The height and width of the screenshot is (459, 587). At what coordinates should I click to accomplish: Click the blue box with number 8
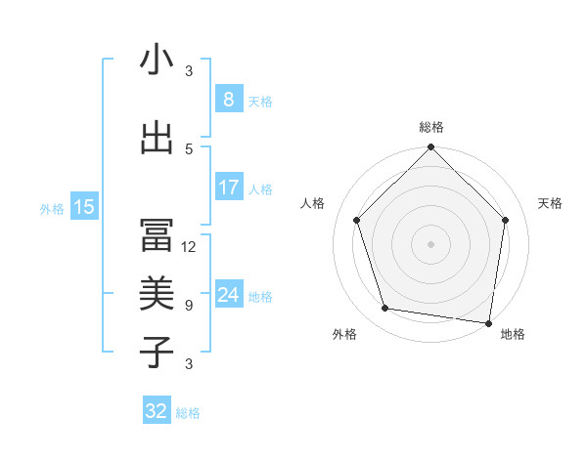[228, 100]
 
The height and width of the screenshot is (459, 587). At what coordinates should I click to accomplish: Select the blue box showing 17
[228, 188]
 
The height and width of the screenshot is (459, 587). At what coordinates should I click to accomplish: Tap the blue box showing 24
[228, 295]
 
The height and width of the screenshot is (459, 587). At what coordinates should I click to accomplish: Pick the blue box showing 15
[83, 206]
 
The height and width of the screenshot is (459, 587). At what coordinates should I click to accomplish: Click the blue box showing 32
[157, 411]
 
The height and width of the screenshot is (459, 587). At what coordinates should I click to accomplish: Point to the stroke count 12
[189, 247]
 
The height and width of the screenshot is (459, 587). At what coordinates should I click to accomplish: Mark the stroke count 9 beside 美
[189, 306]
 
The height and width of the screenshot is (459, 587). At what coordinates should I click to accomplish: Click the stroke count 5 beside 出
[189, 148]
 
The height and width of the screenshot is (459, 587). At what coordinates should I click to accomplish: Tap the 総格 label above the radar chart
[431, 127]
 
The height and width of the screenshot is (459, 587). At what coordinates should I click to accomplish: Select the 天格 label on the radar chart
[550, 203]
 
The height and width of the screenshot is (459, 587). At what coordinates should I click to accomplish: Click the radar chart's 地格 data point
[488, 322]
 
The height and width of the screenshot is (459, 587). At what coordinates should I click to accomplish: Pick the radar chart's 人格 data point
[357, 220]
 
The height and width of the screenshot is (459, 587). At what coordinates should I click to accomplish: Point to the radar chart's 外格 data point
[385, 309]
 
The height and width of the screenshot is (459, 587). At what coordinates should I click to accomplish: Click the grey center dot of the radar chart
[431, 244]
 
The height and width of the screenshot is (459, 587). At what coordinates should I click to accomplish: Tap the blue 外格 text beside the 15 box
[52, 208]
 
